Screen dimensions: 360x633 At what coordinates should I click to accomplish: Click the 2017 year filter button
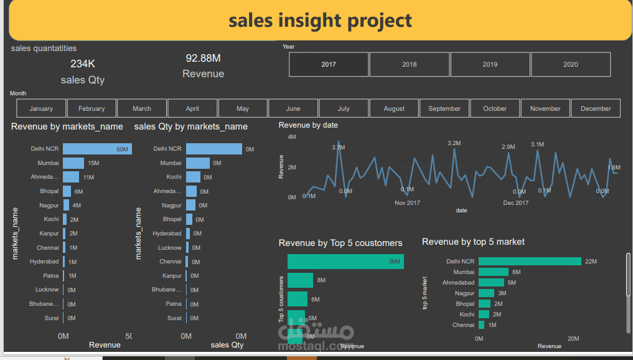pyautogui.click(x=329, y=64)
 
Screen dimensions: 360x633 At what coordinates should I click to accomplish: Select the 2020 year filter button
pyautogui.click(x=570, y=64)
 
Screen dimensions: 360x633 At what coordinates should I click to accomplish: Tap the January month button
pyautogui.click(x=41, y=108)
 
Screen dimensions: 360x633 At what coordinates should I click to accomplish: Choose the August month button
pyautogui.click(x=394, y=108)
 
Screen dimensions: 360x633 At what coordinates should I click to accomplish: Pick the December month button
pyautogui.click(x=596, y=108)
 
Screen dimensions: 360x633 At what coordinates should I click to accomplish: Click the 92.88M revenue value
pyautogui.click(x=203, y=59)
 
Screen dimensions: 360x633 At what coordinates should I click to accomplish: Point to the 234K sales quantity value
pyautogui.click(x=83, y=64)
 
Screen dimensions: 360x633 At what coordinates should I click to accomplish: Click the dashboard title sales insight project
pyautogui.click(x=320, y=21)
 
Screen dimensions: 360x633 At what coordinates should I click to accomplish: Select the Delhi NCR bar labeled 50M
pyautogui.click(x=96, y=149)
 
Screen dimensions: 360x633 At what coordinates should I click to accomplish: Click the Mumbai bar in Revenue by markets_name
pyautogui.click(x=73, y=163)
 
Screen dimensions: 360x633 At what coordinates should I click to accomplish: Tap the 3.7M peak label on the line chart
pyautogui.click(x=338, y=147)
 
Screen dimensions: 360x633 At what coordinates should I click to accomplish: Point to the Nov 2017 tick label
pyautogui.click(x=408, y=203)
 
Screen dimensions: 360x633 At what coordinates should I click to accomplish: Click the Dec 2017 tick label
pyautogui.click(x=516, y=203)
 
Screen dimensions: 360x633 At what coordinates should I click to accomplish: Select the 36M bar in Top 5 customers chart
pyautogui.click(x=345, y=262)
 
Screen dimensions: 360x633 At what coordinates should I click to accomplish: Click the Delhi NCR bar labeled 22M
pyautogui.click(x=529, y=262)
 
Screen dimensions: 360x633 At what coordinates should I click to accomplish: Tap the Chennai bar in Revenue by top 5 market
pyautogui.click(x=481, y=325)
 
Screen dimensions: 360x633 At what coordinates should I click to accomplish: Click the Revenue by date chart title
pyautogui.click(x=308, y=125)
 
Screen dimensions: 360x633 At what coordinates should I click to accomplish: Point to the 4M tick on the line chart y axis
pyautogui.click(x=291, y=136)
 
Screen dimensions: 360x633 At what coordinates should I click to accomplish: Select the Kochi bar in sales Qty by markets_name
pyautogui.click(x=193, y=177)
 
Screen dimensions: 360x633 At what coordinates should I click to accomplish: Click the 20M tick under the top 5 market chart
pyautogui.click(x=573, y=339)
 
